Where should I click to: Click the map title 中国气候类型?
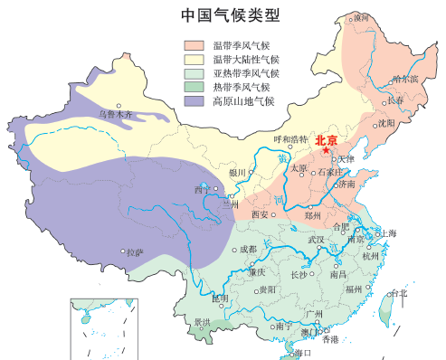click(x=230, y=15)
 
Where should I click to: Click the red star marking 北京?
click(x=326, y=150)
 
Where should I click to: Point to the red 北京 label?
click(x=327, y=139)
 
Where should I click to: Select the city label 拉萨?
click(x=134, y=252)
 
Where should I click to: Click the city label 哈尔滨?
click(x=406, y=79)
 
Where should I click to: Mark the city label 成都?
click(x=247, y=249)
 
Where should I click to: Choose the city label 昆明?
click(x=220, y=298)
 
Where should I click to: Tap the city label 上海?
click(x=389, y=232)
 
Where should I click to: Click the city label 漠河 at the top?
click(x=362, y=16)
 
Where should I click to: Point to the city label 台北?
click(x=398, y=292)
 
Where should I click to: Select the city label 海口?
click(x=303, y=352)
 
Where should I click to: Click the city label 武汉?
click(x=316, y=240)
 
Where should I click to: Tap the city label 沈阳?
click(x=386, y=122)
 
